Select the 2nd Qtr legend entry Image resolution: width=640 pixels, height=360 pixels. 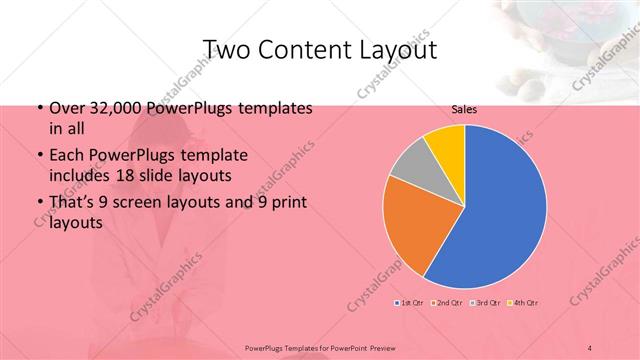(446, 302)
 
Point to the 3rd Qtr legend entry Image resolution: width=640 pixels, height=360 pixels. (486, 302)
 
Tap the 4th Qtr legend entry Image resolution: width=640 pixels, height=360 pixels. (524, 302)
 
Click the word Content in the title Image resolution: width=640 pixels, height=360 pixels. (305, 49)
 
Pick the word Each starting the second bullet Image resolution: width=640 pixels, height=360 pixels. (65, 155)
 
